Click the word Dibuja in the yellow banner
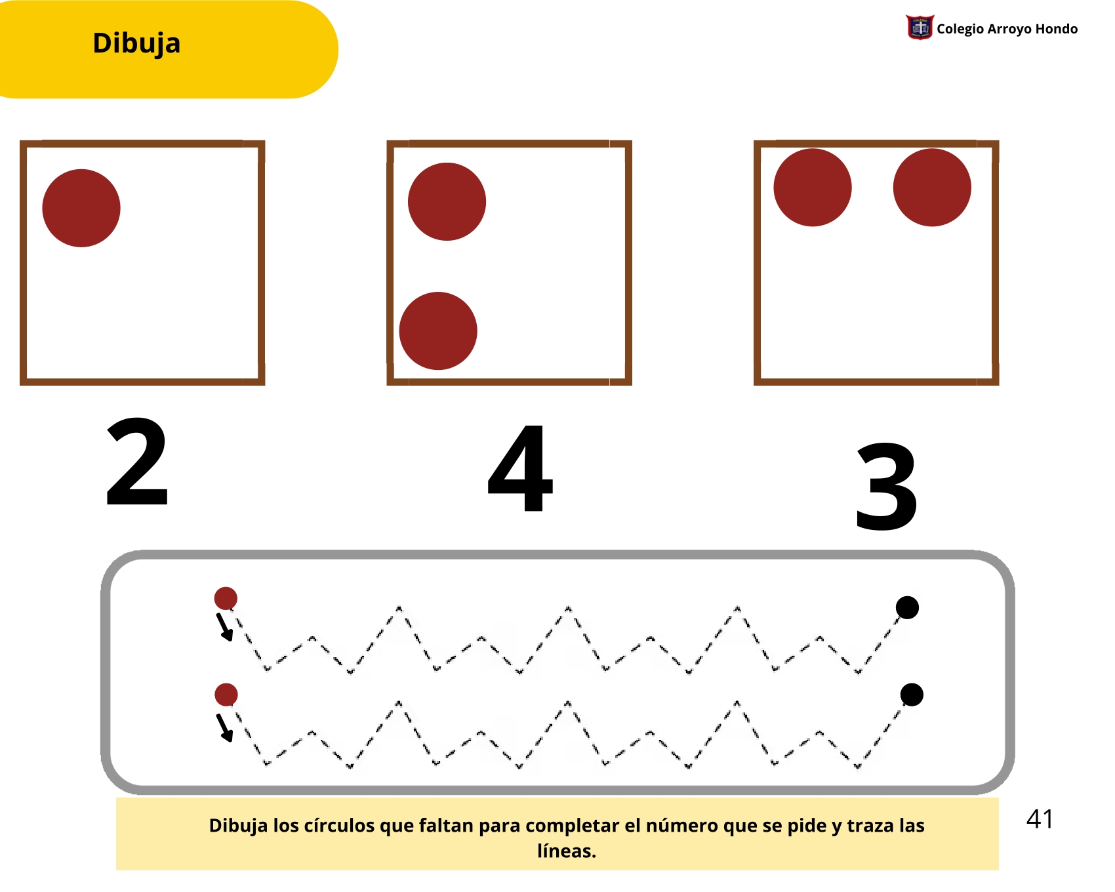tap(136, 44)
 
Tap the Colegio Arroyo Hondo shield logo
tap(920, 28)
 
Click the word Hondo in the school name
tap(1056, 29)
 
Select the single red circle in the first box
tap(81, 208)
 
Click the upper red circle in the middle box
tap(447, 201)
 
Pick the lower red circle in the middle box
tap(438, 331)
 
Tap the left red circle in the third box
tap(813, 188)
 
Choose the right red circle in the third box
tap(932, 188)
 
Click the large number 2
tap(137, 462)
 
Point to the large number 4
tap(521, 468)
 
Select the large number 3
tap(887, 486)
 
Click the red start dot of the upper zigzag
tap(226, 598)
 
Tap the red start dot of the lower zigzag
tap(226, 695)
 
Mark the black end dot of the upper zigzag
tap(907, 607)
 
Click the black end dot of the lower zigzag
tap(912, 695)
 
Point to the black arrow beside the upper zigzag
tap(225, 627)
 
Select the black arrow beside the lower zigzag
tap(225, 728)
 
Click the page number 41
tap(1040, 819)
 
